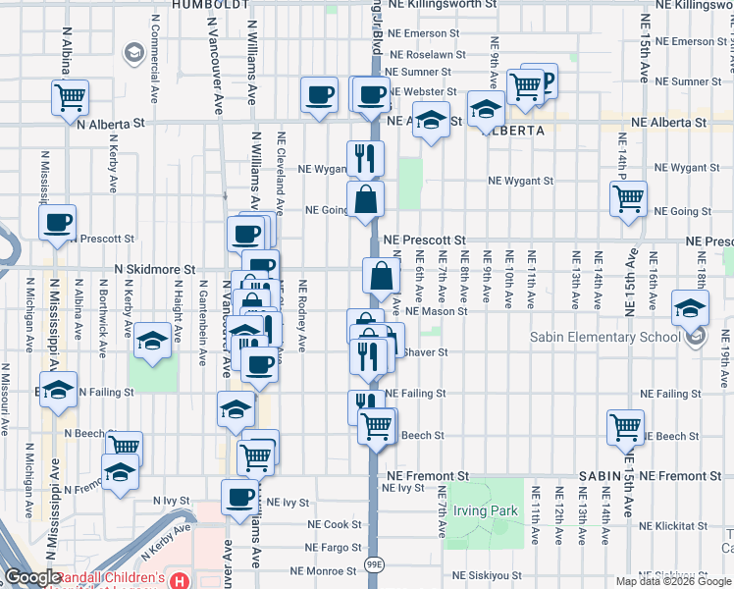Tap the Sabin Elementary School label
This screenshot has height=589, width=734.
point(604,338)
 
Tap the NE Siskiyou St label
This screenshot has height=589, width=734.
point(491,575)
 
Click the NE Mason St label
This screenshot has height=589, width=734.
point(435,311)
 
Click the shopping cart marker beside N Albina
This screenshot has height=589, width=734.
point(71,97)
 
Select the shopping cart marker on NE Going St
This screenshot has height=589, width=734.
point(628,198)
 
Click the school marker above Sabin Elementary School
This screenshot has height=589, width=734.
point(691,308)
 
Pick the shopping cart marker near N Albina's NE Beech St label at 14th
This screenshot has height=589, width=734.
point(626,427)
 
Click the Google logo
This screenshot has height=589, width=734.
point(31,578)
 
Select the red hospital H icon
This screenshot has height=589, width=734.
point(180,580)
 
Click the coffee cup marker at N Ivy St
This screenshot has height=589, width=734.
point(239,497)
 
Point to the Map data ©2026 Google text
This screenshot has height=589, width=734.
point(673,581)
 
